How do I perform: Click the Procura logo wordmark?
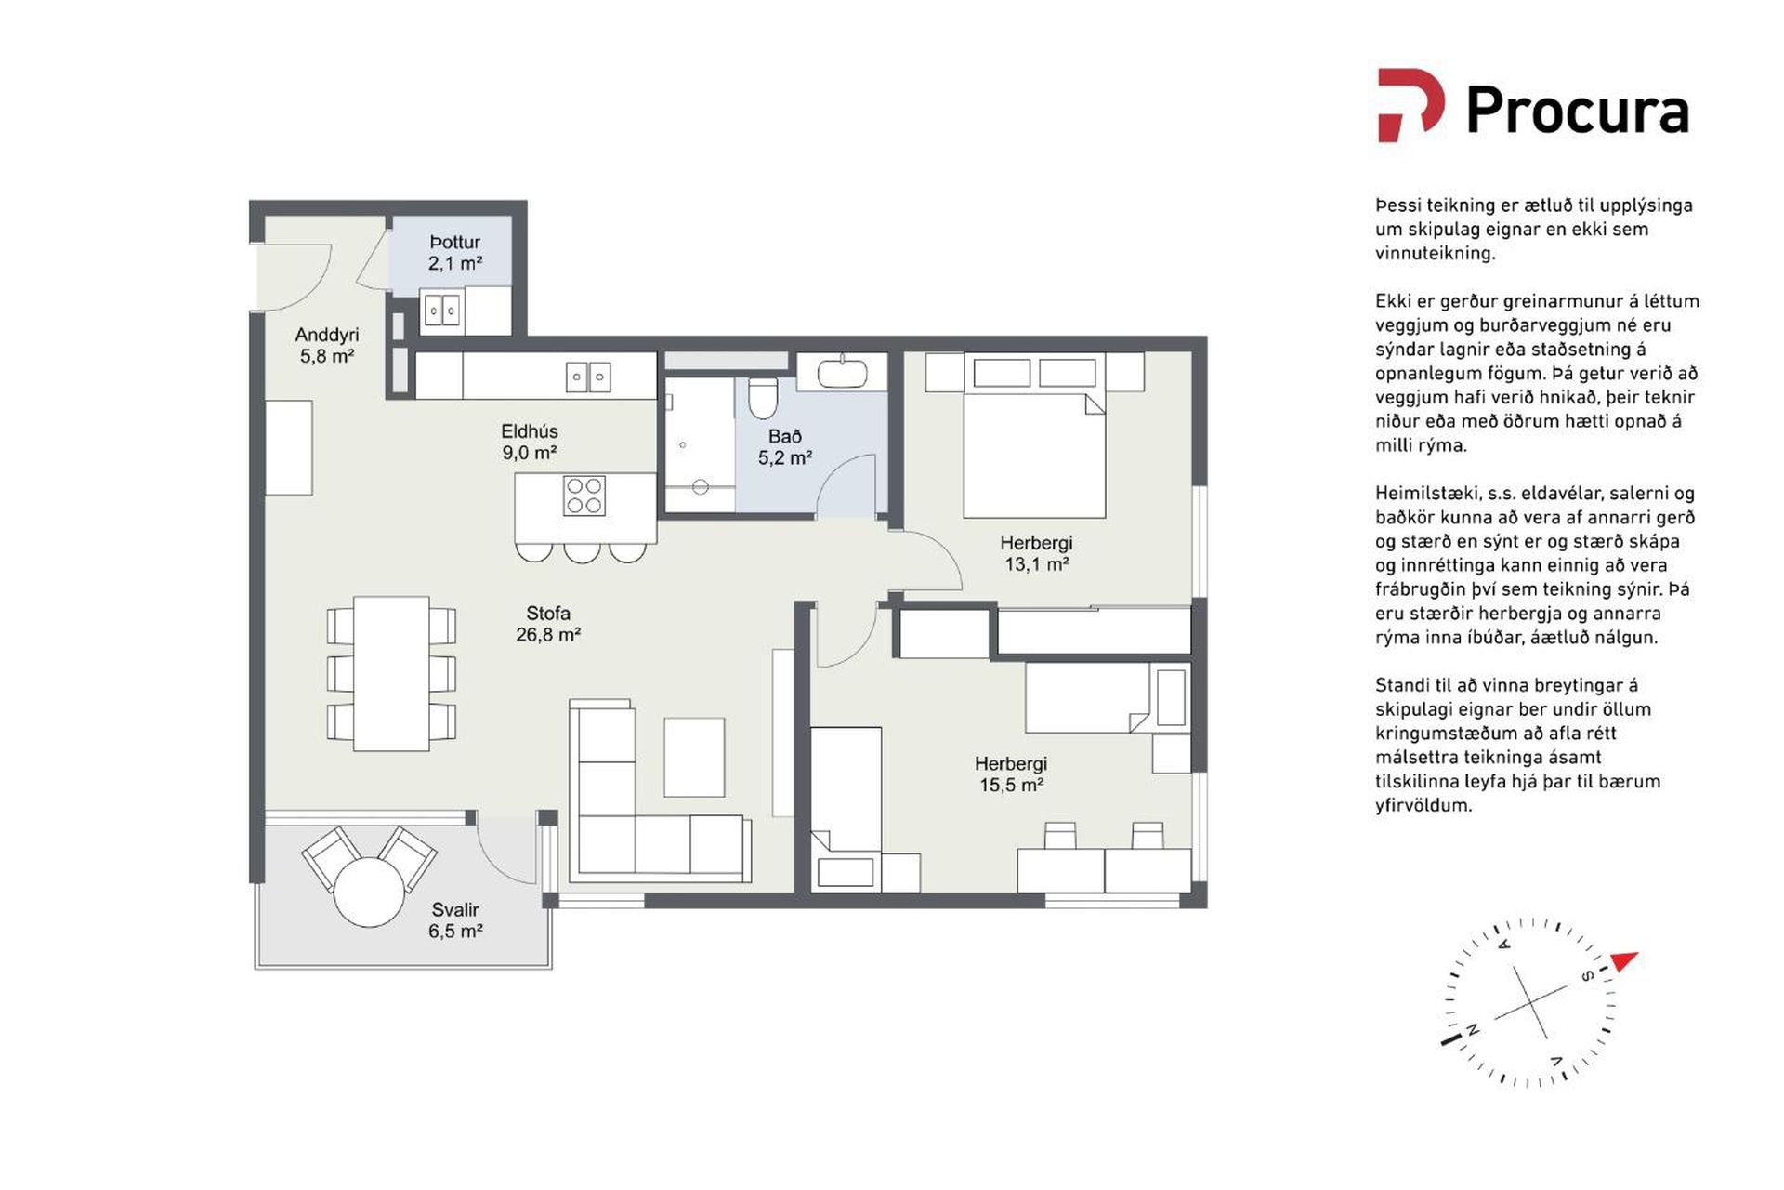pos(1577,111)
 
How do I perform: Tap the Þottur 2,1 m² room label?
pos(455,253)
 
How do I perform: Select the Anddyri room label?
pos(327,345)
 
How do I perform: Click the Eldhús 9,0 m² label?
pos(530,442)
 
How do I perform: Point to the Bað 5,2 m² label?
pos(785,447)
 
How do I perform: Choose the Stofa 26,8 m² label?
pos(548,624)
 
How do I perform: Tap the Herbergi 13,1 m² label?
pos(1036,553)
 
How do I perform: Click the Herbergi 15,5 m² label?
pos(1011,773)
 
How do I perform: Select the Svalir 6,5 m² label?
pos(455,920)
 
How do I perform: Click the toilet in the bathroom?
pos(763,397)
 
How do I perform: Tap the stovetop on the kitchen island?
pos(584,496)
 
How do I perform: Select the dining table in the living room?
pos(391,673)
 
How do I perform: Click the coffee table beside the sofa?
pos(694,757)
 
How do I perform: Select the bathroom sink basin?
pos(842,373)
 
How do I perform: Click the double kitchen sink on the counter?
pos(588,377)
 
